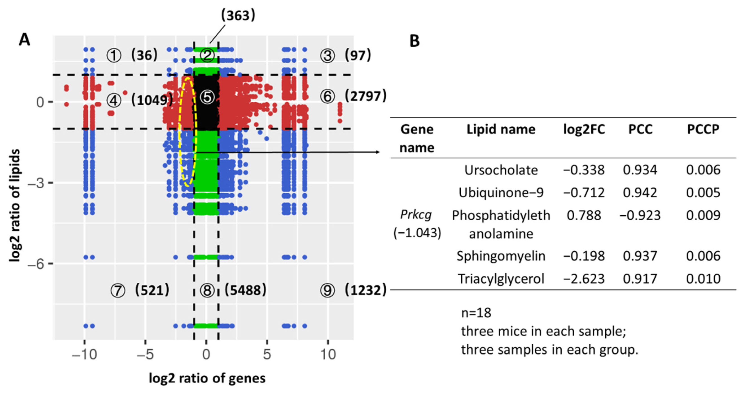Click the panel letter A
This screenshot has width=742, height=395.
(x=24, y=40)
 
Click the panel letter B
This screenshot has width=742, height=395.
(x=414, y=41)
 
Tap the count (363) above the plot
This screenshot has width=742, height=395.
(x=238, y=15)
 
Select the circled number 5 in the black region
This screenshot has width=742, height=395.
(x=207, y=97)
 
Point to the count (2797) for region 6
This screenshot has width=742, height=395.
(x=366, y=96)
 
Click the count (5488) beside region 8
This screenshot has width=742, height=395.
(x=245, y=290)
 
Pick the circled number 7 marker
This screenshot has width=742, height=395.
(x=118, y=290)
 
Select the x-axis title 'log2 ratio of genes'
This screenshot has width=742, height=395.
(x=207, y=378)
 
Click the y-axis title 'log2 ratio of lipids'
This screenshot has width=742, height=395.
(x=15, y=205)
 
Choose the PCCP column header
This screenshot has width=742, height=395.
(x=703, y=129)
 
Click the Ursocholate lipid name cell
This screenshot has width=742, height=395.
(x=501, y=170)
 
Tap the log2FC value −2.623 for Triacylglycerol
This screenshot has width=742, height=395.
(x=584, y=279)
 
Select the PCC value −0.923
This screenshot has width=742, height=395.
(x=640, y=215)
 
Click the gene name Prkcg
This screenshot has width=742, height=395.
(x=416, y=215)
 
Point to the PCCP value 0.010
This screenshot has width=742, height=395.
(x=703, y=279)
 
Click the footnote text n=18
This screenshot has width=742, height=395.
(x=476, y=313)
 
